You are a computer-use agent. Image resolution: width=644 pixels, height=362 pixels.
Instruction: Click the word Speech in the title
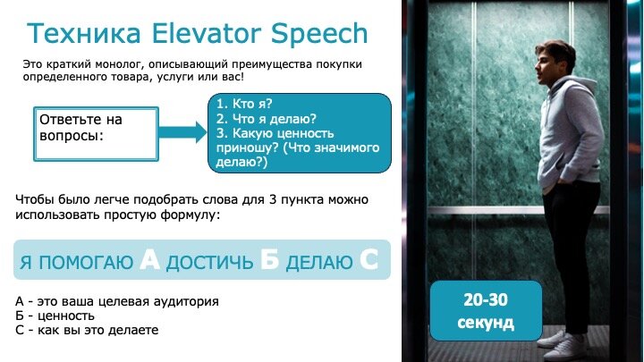tap(320, 34)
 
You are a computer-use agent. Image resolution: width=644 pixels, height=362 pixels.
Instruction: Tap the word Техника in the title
tap(81, 34)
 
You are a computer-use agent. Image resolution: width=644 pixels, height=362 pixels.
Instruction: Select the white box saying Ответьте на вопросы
tap(96, 131)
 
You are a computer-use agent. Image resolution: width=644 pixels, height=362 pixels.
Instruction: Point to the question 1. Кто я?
tap(244, 103)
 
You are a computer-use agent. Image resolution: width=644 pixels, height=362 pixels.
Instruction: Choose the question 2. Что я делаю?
tap(267, 118)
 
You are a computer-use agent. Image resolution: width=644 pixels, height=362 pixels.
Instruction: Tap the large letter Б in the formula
tap(269, 260)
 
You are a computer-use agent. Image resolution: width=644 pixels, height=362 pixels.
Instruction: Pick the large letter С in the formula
tap(369, 260)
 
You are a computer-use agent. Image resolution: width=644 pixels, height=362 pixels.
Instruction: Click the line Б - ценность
tap(55, 316)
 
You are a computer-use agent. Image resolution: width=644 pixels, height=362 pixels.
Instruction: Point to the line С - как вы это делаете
tap(87, 331)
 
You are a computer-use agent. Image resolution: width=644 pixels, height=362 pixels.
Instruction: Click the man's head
tap(559, 62)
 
